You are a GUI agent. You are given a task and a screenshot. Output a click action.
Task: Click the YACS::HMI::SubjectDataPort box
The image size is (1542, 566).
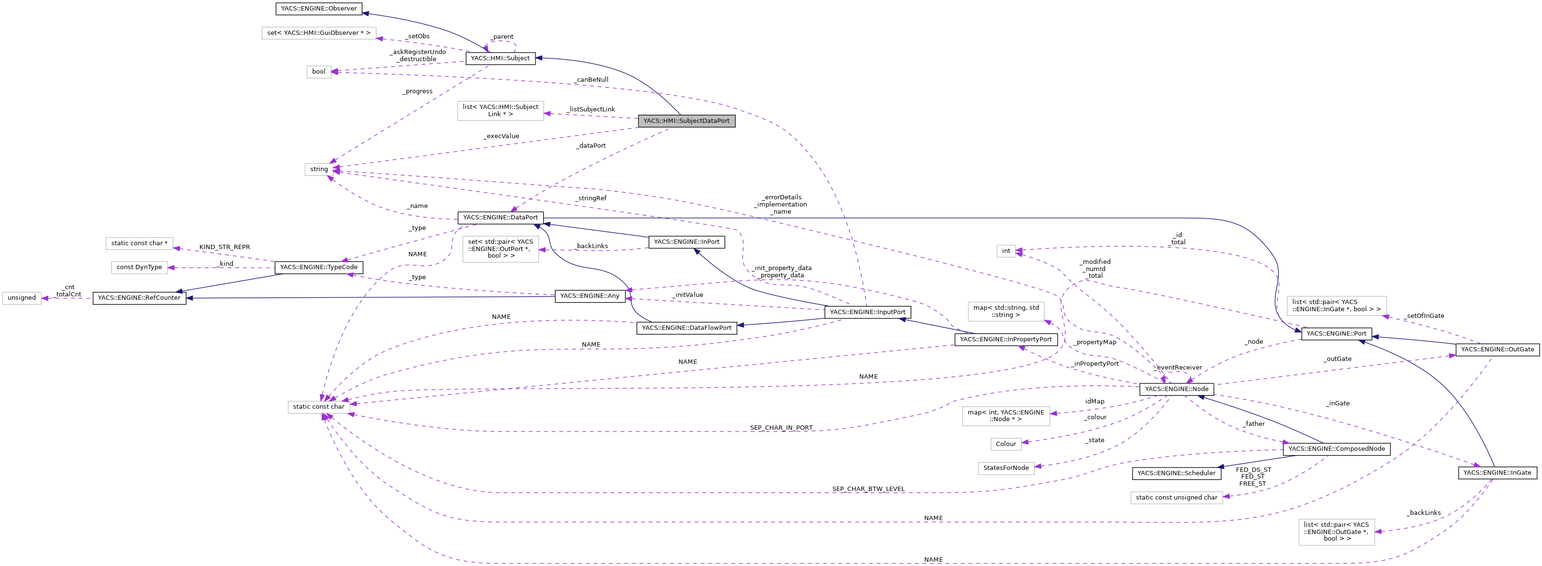(x=686, y=121)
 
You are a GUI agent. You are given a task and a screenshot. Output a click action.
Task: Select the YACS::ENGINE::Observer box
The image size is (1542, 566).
(x=318, y=9)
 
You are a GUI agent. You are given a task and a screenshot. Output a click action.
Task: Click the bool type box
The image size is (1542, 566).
(x=318, y=72)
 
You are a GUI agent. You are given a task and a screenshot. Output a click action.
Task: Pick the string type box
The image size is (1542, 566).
(x=318, y=169)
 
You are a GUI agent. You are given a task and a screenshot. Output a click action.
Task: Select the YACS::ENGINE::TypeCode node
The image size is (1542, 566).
(x=318, y=267)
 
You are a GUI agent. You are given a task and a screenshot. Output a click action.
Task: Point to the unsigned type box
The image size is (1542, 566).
(x=22, y=298)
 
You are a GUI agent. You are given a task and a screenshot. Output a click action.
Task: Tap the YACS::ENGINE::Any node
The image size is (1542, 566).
(x=590, y=296)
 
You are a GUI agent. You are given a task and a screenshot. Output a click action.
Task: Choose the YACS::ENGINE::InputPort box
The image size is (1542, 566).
(x=867, y=312)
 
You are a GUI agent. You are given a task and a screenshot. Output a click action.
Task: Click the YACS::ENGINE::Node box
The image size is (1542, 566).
(x=1176, y=390)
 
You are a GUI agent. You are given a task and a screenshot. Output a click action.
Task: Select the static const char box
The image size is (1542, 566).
(x=318, y=407)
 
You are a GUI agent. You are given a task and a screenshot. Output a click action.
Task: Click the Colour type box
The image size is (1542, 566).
(x=1006, y=444)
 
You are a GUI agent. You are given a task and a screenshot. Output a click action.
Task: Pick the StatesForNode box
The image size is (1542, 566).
(x=1006, y=468)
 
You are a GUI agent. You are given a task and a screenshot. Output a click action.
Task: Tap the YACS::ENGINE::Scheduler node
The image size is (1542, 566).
(x=1176, y=473)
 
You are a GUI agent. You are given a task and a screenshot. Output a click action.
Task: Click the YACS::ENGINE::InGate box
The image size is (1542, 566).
(x=1497, y=473)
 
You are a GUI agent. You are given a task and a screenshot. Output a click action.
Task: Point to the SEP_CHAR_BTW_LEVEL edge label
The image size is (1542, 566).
(x=868, y=490)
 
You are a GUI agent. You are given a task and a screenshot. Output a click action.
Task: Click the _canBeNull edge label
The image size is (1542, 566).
(x=592, y=79)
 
